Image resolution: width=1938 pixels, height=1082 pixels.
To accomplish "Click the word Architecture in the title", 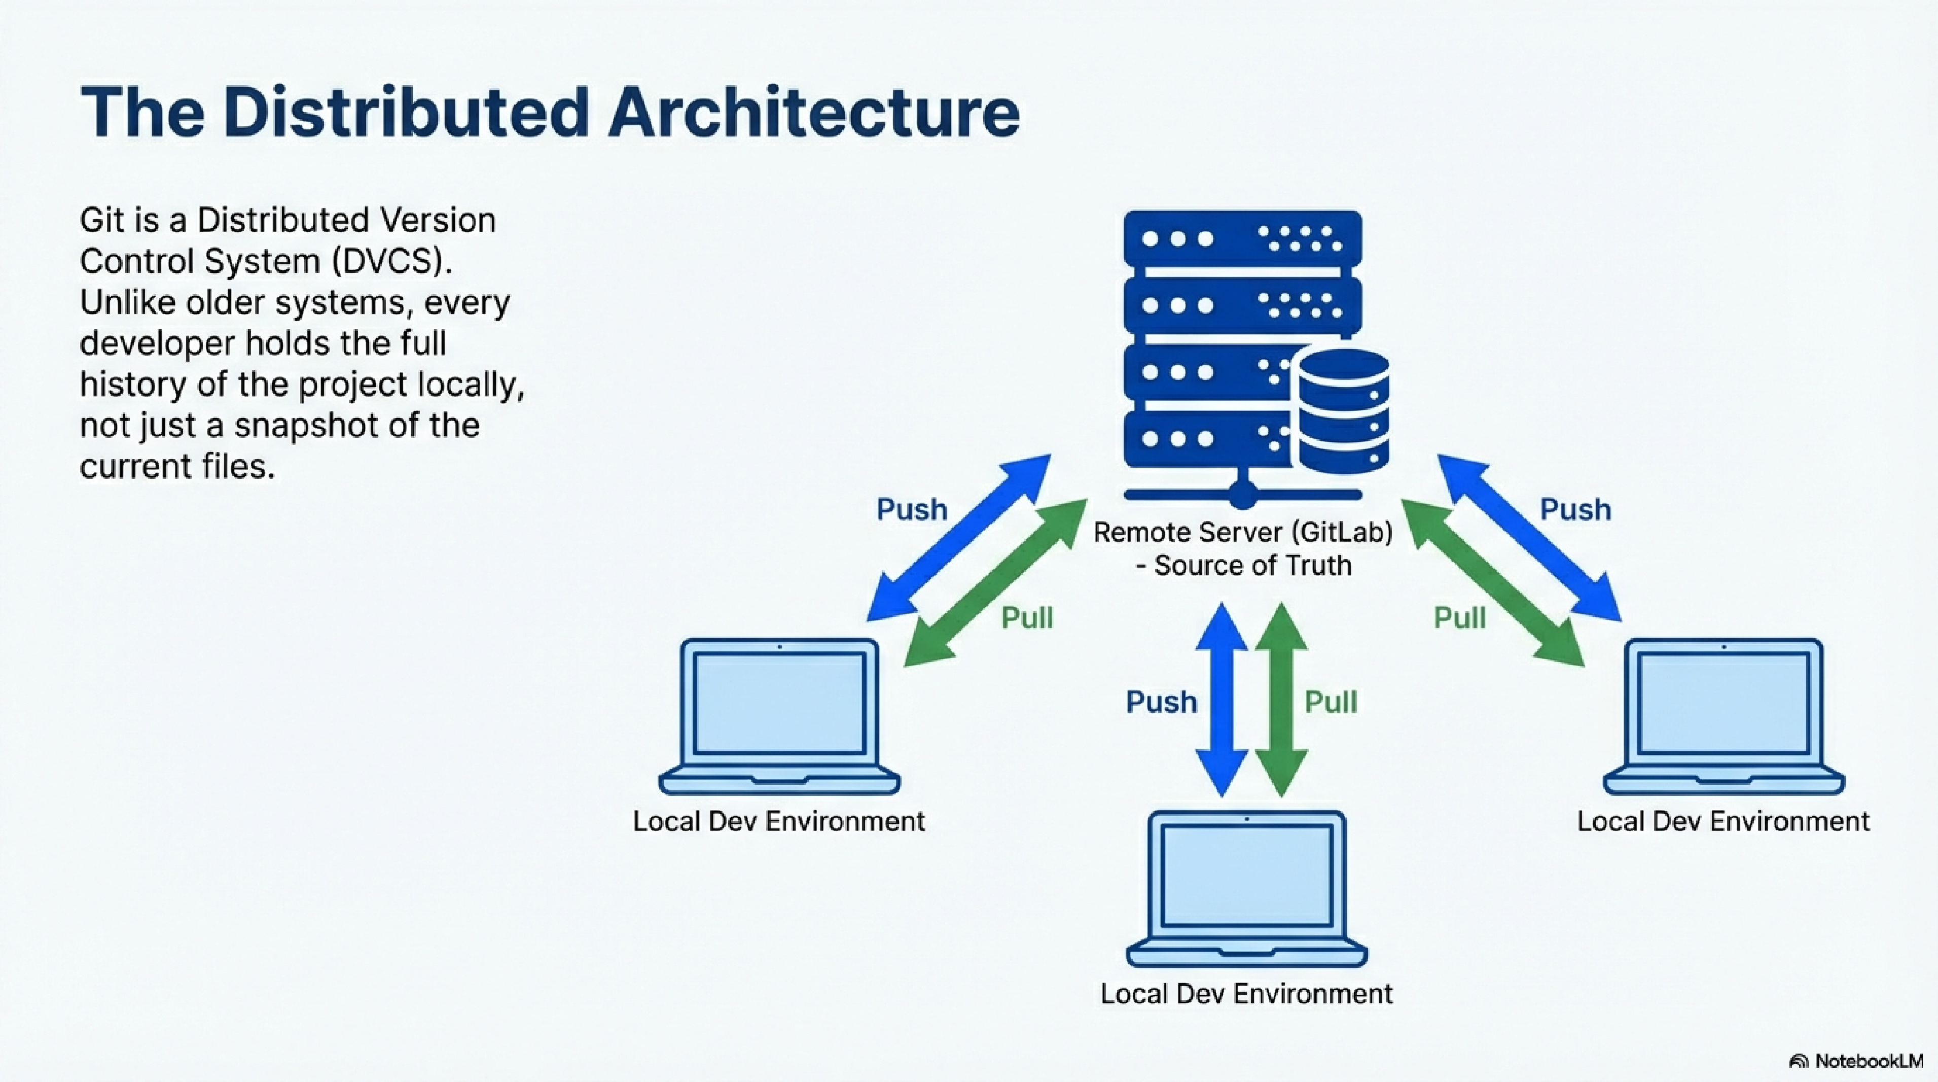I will (x=813, y=113).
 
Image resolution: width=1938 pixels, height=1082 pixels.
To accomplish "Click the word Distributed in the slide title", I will (x=406, y=113).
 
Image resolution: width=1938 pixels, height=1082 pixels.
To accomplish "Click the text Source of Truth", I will (x=1252, y=565).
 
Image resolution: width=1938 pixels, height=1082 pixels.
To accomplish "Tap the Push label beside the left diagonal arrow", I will (x=912, y=509).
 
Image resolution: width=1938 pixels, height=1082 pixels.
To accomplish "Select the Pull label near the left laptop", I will (x=1027, y=618).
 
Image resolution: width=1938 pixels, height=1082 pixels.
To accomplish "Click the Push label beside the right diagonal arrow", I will (x=1575, y=509).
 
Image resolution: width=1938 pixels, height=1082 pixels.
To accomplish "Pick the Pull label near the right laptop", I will (x=1459, y=618).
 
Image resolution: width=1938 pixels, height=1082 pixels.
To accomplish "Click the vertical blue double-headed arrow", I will (x=1222, y=700).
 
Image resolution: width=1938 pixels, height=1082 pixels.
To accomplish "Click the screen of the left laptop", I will (x=779, y=704).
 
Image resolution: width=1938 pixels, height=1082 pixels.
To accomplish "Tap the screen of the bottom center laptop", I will (x=1246, y=875).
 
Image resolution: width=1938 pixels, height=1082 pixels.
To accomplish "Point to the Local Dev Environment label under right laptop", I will (x=1723, y=821).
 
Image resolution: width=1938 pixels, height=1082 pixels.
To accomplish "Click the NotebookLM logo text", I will (x=1868, y=1062).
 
